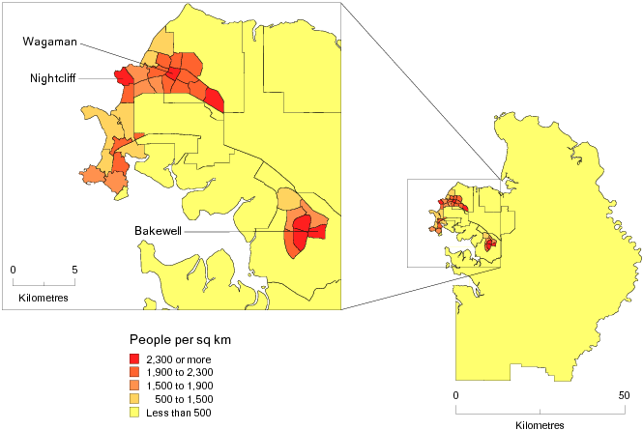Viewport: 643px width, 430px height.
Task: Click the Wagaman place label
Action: click(51, 42)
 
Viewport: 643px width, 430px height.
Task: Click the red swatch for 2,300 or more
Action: click(134, 359)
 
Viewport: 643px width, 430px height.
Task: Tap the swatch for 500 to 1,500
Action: click(134, 399)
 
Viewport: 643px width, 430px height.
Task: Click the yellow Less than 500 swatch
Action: click(134, 413)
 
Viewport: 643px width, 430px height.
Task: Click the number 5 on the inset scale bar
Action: click(74, 269)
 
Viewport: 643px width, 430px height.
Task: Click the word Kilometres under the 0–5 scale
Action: click(44, 297)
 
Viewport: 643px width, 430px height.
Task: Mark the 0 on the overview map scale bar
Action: click(455, 395)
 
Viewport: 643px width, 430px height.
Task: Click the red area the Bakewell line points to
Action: click(301, 232)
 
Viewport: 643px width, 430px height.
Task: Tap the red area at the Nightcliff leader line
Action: click(123, 76)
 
